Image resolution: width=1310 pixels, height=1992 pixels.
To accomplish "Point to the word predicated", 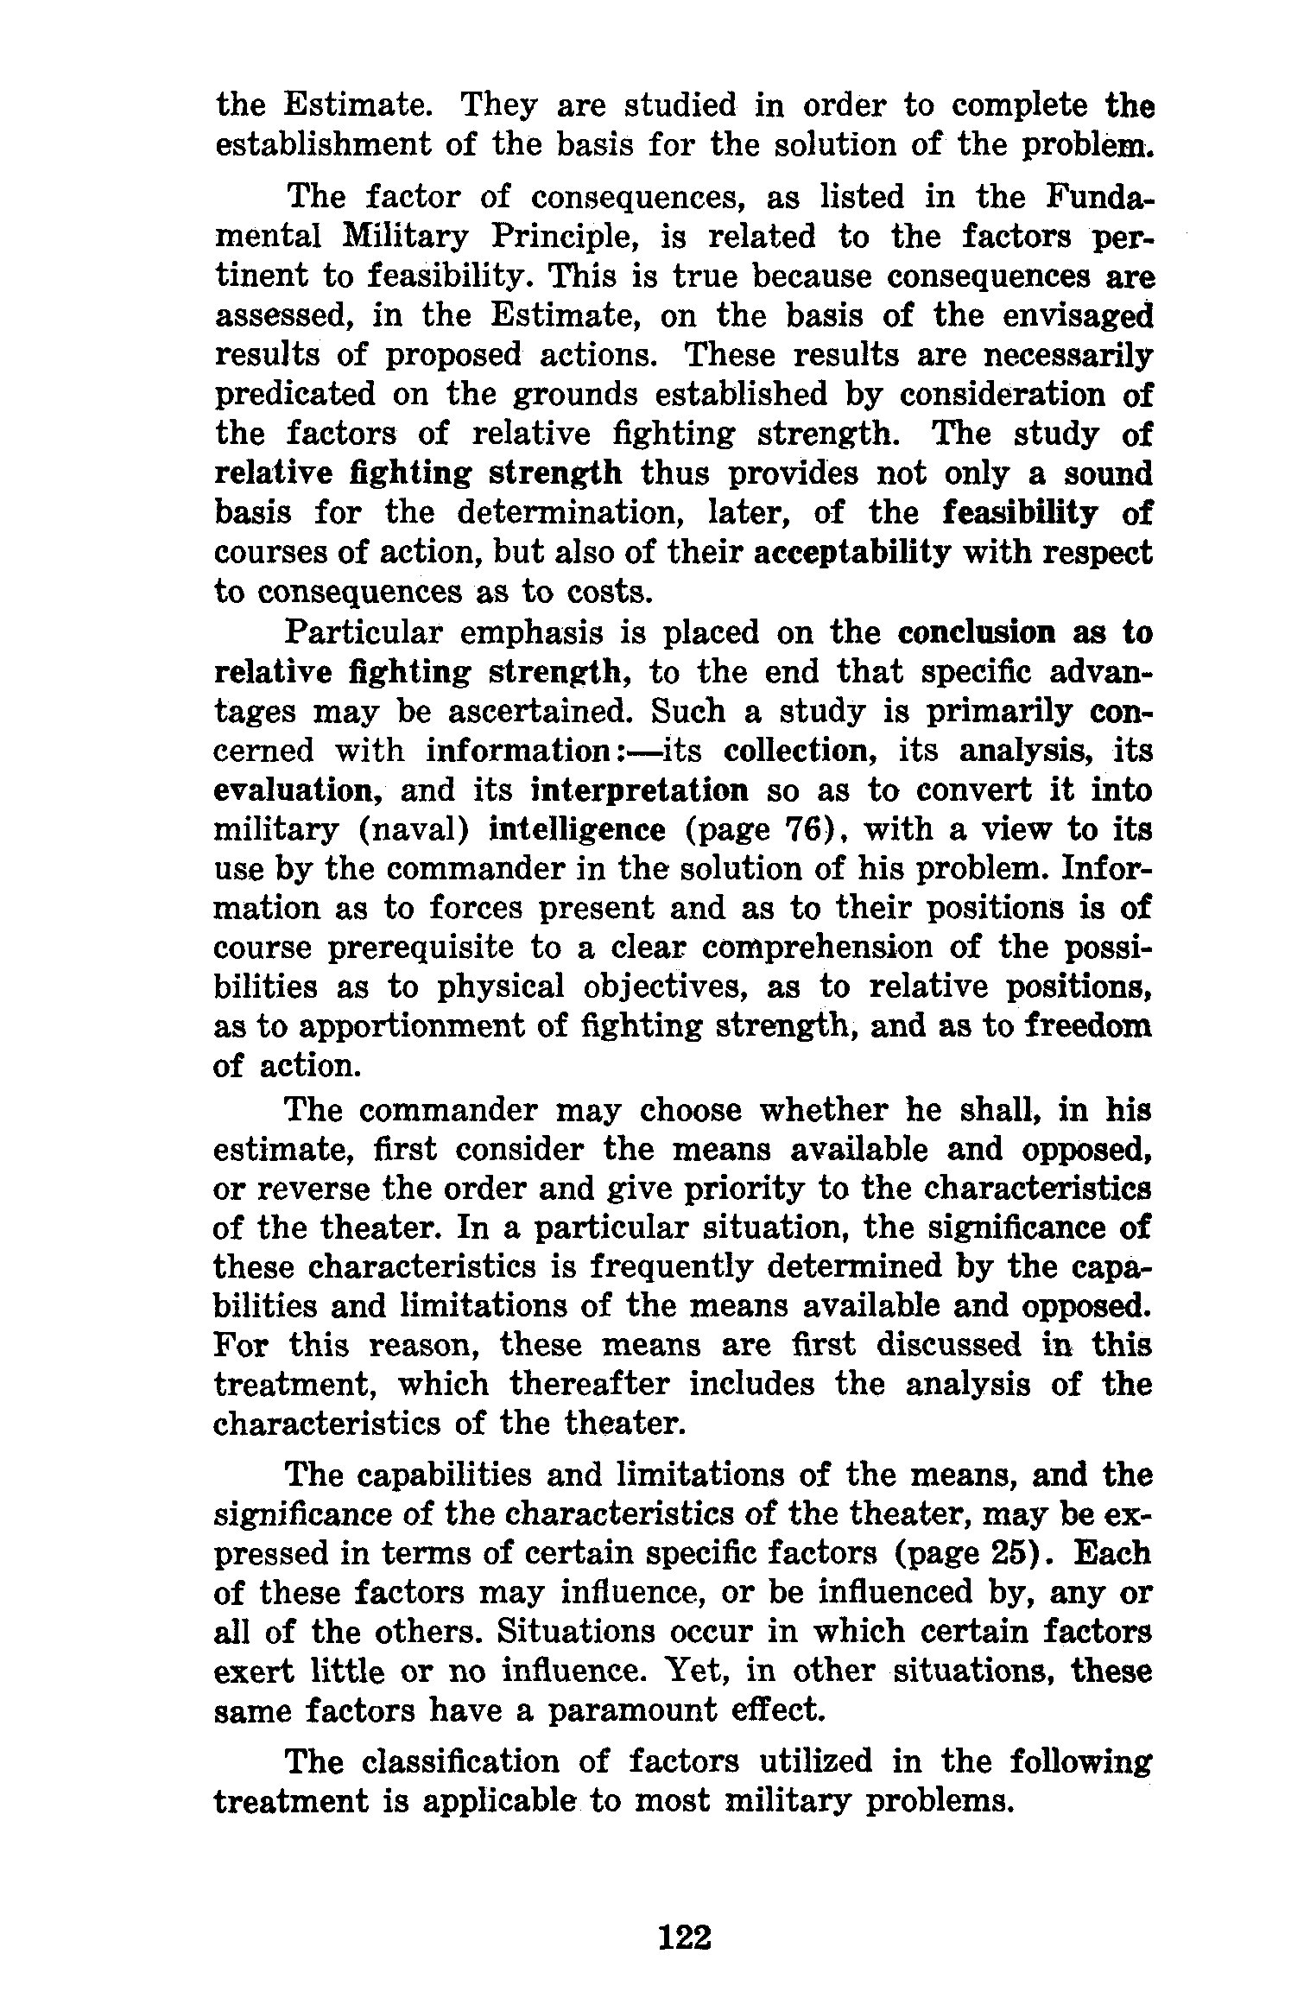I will click(294, 395).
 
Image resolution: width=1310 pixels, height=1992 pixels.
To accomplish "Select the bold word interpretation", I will click(640, 790).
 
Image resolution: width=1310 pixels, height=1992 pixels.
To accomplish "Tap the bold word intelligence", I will click(578, 830).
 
